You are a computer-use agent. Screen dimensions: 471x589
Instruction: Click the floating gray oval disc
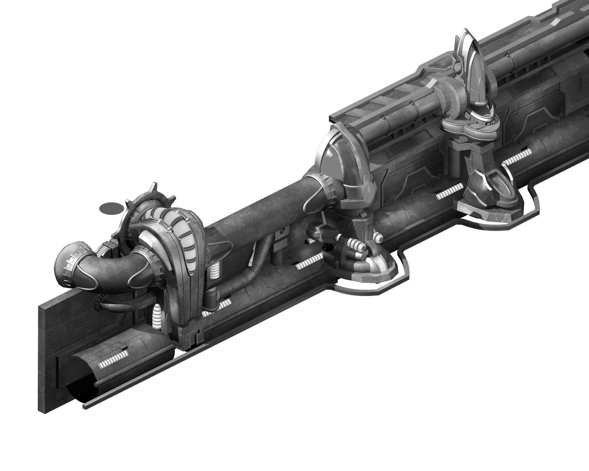(111, 208)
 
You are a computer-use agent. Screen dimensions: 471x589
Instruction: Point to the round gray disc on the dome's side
(369, 193)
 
